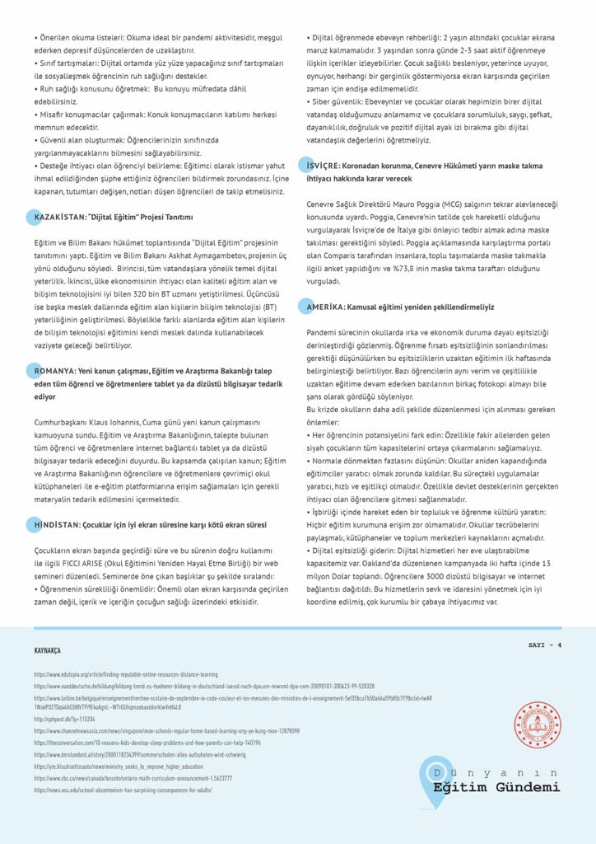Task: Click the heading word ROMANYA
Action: click(54, 372)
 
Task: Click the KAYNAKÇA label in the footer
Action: click(47, 650)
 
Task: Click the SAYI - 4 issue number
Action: click(545, 645)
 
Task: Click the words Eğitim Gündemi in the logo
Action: click(496, 788)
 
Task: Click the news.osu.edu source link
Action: click(123, 790)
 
